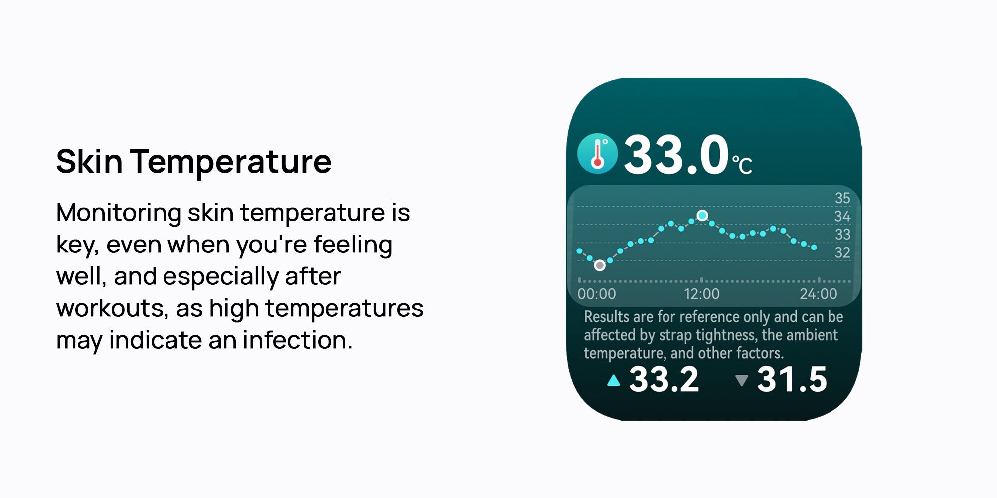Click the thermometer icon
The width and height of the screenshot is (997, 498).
(597, 153)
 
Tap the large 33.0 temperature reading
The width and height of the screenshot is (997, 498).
(676, 155)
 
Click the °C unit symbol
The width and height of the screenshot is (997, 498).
(742, 165)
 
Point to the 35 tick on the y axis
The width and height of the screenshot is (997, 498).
(842, 198)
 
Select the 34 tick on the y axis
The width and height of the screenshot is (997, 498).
(842, 216)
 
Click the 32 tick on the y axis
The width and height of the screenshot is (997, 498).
(842, 252)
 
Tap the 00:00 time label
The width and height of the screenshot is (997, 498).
(597, 294)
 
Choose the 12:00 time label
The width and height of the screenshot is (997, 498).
(702, 294)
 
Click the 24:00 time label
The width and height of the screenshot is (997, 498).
(819, 294)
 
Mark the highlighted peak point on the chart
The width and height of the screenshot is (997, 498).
(702, 216)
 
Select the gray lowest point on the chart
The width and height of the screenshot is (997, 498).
(600, 266)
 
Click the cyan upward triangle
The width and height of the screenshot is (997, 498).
(614, 381)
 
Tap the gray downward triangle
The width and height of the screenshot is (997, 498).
(742, 381)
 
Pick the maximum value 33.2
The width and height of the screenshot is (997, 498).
(664, 380)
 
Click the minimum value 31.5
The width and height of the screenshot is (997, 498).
(792, 380)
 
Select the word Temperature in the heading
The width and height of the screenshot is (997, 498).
(231, 162)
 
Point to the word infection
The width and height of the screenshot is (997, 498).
(298, 340)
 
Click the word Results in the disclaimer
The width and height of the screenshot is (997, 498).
(607, 317)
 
